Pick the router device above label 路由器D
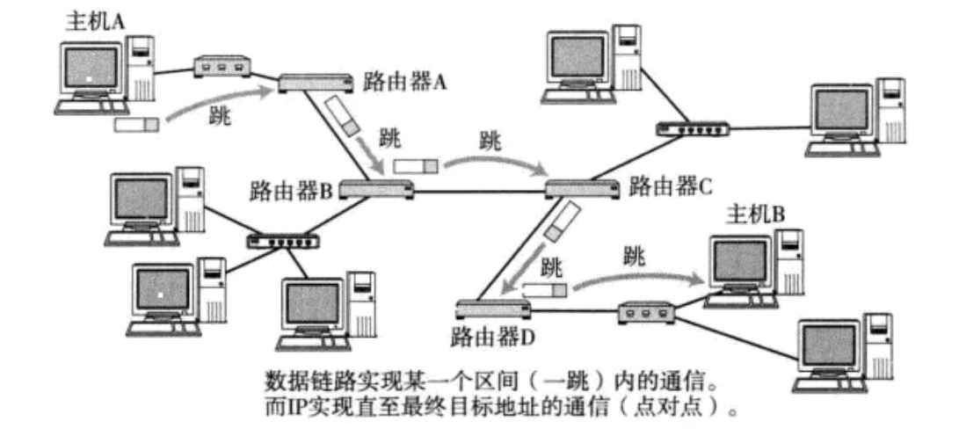492,309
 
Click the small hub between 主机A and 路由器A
222,67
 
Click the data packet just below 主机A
137,125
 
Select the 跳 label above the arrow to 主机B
633,257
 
